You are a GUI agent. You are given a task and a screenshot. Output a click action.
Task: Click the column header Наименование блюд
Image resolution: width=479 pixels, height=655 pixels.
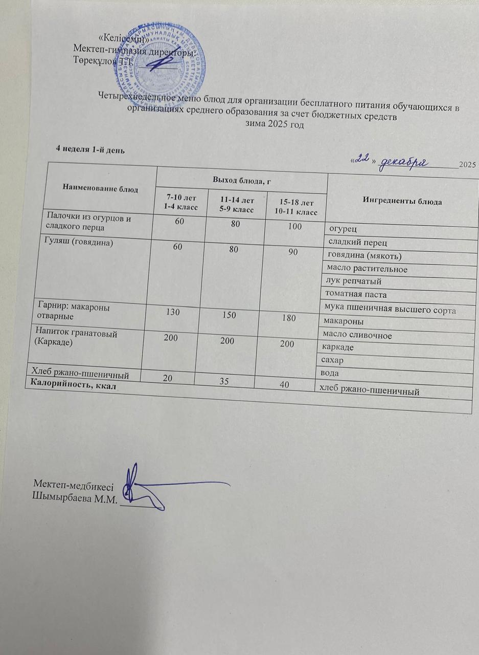point(100,189)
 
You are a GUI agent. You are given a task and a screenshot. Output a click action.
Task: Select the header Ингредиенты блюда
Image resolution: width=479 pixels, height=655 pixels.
point(402,201)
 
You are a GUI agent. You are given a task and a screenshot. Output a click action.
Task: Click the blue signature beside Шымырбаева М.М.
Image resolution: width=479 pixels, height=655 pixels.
point(153,486)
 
